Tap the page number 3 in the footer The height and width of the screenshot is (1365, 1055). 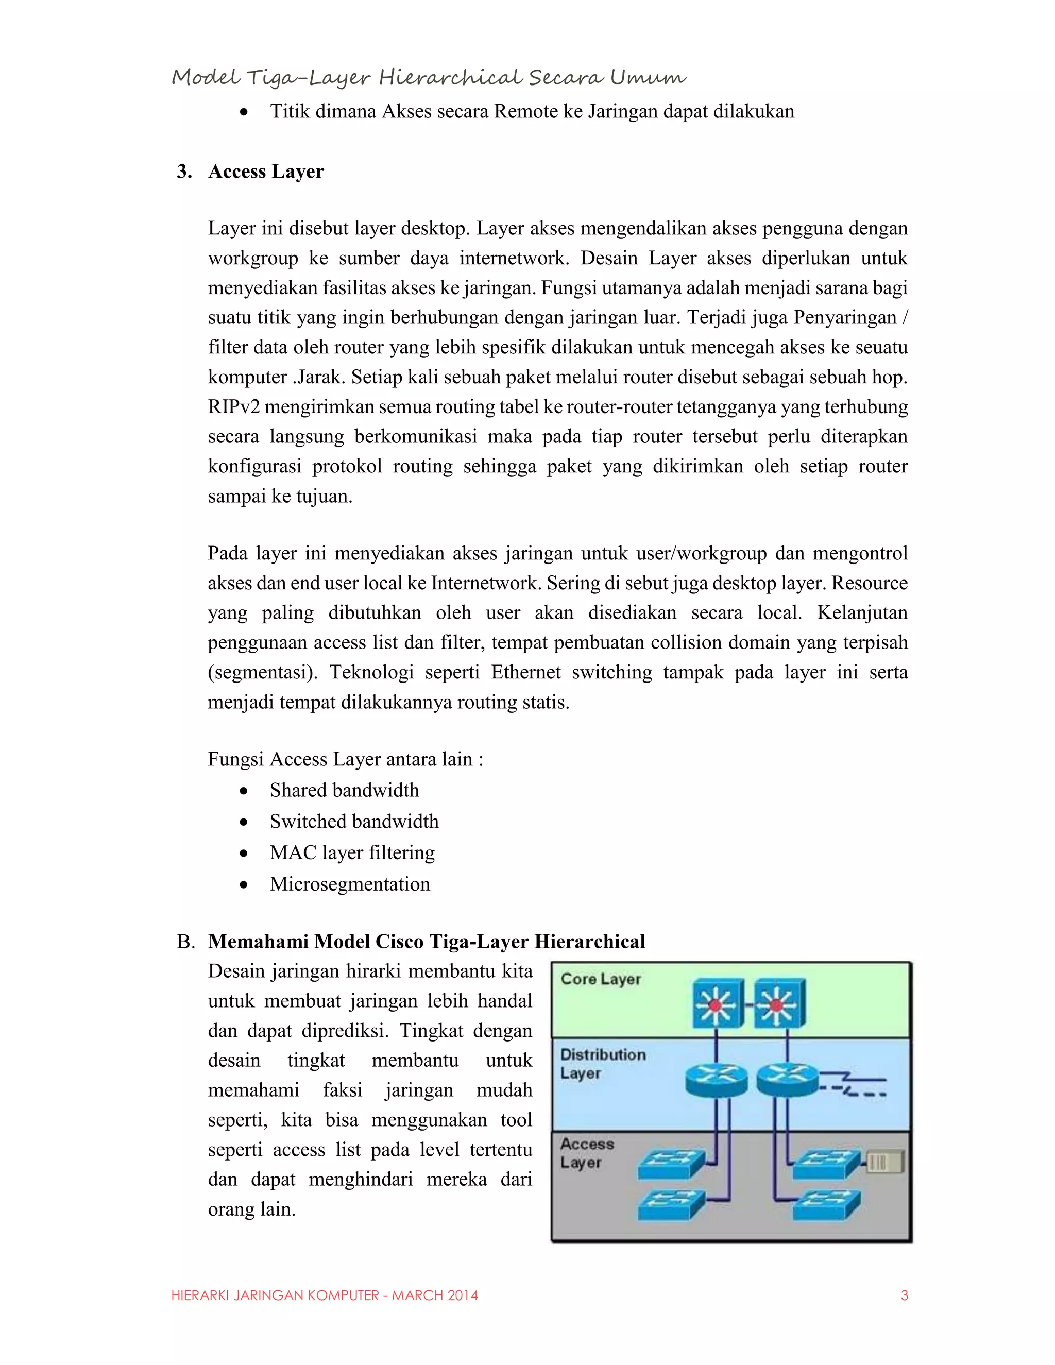[904, 1295]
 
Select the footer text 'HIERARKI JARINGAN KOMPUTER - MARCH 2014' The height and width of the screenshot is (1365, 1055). [325, 1295]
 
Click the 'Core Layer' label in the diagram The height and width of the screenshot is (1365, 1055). [601, 979]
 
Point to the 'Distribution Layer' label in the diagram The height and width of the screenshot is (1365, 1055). [603, 1063]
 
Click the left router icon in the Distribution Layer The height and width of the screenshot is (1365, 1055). [716, 1079]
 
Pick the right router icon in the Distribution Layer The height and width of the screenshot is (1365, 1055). [787, 1079]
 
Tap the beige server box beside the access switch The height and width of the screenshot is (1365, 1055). [884, 1162]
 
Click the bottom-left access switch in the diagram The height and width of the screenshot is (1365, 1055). [671, 1204]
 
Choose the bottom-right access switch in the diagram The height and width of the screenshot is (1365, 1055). [826, 1204]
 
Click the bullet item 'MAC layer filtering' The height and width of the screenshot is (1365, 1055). [352, 852]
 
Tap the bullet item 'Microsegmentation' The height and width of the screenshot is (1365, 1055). [349, 884]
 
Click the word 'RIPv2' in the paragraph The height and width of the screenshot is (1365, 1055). [233, 407]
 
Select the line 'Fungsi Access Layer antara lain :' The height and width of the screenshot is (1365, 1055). [345, 759]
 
